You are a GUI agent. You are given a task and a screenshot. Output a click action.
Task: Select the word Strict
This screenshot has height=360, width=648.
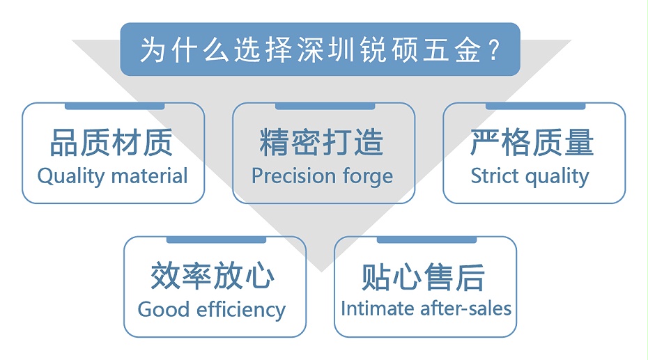[x=492, y=176]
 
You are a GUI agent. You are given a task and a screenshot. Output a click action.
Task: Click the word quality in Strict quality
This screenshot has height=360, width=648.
[x=555, y=177]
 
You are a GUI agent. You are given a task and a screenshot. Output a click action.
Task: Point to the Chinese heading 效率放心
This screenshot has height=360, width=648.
[x=213, y=276]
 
